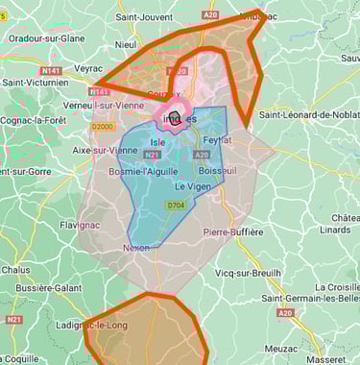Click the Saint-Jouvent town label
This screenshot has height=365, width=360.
[144, 17]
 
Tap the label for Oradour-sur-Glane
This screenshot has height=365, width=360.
[45, 38]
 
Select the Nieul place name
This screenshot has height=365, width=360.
[125, 44]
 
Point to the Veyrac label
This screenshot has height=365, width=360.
[87, 68]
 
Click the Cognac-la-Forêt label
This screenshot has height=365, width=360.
[33, 120]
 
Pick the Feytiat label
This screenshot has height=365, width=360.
[218, 139]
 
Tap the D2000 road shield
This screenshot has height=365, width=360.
[102, 126]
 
